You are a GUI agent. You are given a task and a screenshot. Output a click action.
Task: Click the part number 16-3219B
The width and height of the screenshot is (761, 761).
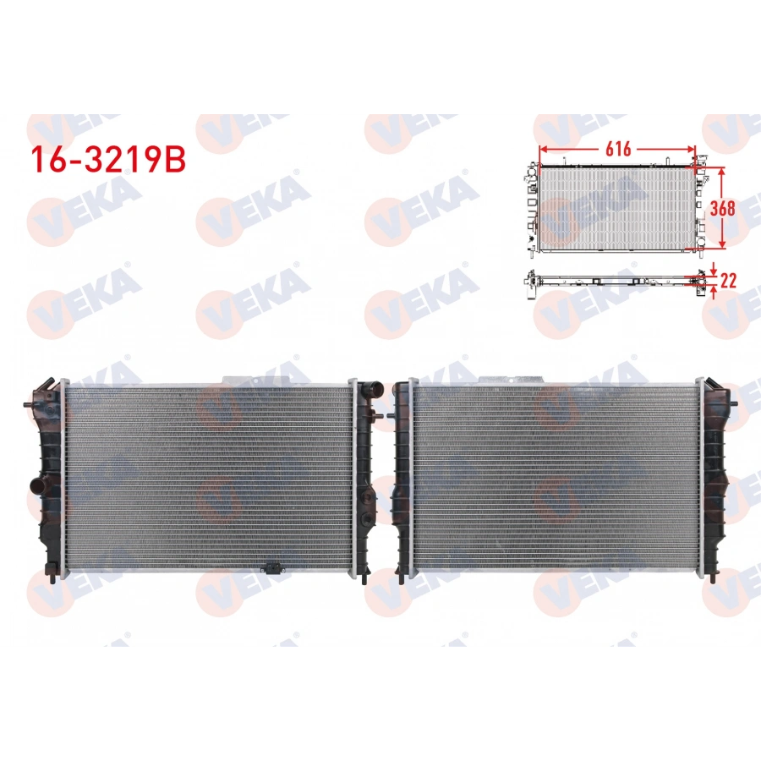pyautogui.click(x=107, y=160)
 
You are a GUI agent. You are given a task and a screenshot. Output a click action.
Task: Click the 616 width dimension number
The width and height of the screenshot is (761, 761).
pyautogui.click(x=618, y=149)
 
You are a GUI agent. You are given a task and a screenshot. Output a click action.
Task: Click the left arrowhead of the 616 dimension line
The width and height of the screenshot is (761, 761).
pyautogui.click(x=543, y=149)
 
